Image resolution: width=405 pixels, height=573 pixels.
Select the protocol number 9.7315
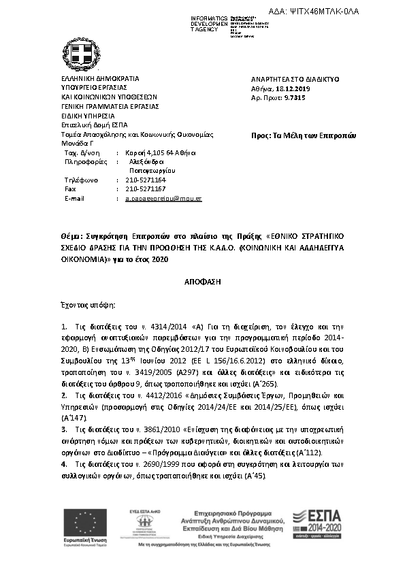click(x=295, y=98)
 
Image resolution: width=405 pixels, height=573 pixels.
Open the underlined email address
click(x=164, y=198)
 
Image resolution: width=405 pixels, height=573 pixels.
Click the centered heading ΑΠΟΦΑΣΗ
click(x=202, y=280)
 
